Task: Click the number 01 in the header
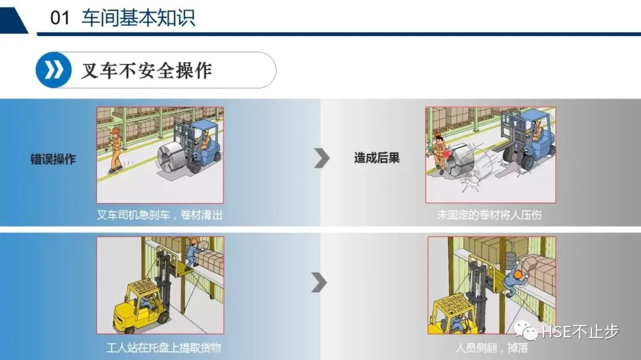click(x=60, y=18)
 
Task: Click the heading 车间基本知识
click(x=138, y=18)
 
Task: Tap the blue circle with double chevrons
click(x=53, y=70)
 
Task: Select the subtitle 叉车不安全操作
click(x=147, y=71)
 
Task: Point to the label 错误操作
click(x=53, y=159)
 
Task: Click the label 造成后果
click(x=377, y=158)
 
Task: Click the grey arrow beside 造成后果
click(x=322, y=158)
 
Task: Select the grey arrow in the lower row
click(x=319, y=282)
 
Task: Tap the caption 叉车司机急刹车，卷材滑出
click(x=160, y=215)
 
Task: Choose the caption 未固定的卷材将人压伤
click(x=489, y=215)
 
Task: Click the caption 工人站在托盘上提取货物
click(x=164, y=348)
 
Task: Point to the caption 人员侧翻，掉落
click(x=492, y=348)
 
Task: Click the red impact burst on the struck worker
click(x=446, y=154)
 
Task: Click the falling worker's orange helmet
click(x=518, y=274)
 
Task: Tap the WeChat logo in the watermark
click(x=526, y=330)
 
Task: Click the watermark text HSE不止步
click(x=580, y=332)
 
